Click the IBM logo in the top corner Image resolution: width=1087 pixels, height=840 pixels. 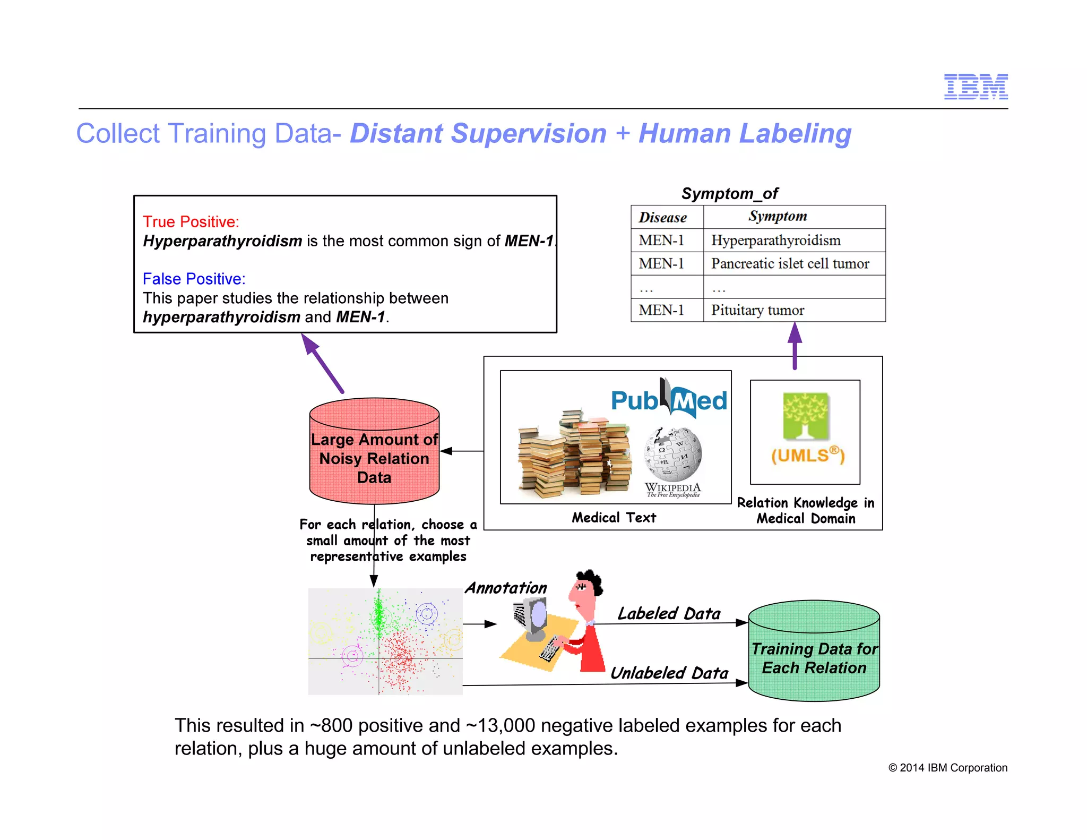coord(976,87)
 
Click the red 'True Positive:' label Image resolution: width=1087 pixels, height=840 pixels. coord(191,222)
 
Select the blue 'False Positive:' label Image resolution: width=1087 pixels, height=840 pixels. coord(194,279)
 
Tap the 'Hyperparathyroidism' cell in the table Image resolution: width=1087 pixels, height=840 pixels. coord(775,241)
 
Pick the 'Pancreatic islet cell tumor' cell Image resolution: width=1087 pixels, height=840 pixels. coord(790,264)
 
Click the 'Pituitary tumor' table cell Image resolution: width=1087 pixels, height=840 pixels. coord(757,310)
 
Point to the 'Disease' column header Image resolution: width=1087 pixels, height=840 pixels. coord(662,217)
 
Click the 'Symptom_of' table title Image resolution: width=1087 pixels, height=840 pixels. coord(729,194)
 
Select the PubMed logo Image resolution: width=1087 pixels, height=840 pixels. coord(669,399)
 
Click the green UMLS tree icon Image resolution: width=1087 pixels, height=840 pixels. coord(805,416)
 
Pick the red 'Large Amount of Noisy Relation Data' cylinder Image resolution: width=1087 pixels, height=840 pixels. coord(374,451)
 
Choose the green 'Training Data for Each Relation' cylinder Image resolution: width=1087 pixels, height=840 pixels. coord(814,652)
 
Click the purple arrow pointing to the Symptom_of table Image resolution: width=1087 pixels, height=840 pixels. coord(795,346)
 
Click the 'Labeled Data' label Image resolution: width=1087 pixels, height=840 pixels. coord(669,614)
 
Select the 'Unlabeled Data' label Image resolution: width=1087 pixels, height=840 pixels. coord(669,673)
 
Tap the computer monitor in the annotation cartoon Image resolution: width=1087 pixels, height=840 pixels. coord(533,618)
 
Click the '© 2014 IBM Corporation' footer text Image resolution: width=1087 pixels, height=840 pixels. coord(947,768)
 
